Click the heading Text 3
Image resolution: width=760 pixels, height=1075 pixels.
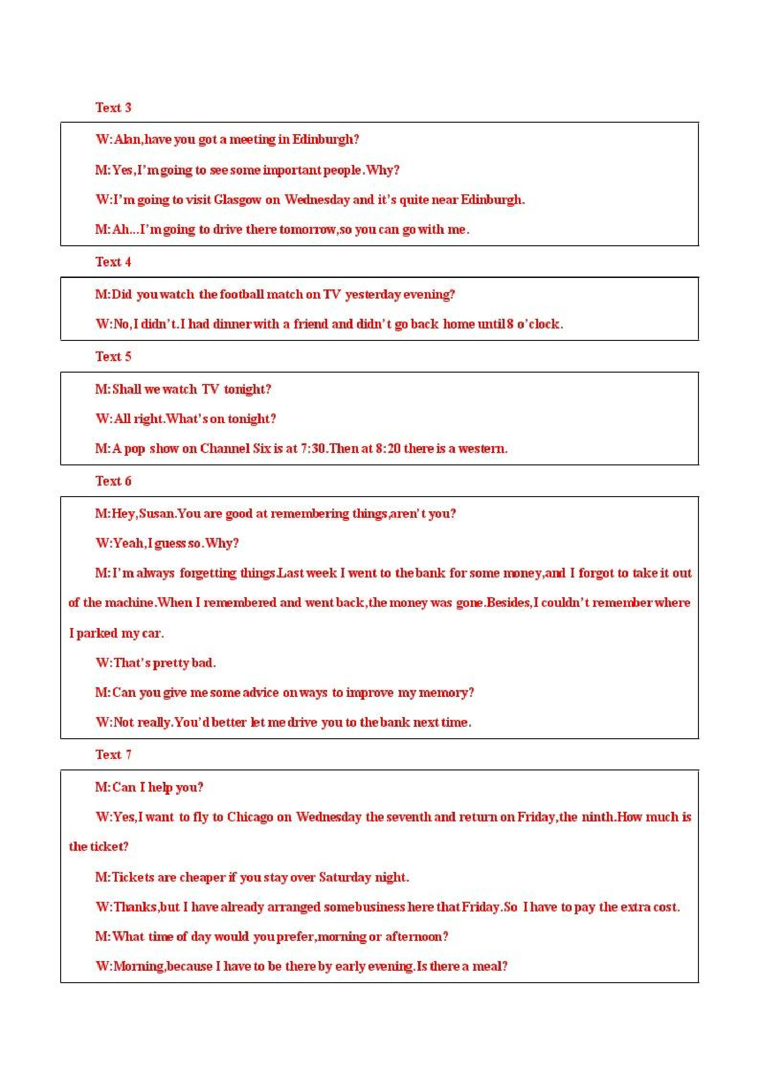coord(113,107)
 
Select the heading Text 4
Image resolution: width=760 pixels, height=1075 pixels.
coord(113,262)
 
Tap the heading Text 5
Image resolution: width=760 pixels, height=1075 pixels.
coord(113,356)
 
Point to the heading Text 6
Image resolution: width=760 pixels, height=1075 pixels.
coord(113,481)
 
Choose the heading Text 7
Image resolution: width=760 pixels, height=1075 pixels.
coord(113,754)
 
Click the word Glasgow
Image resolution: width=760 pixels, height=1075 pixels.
coord(238,200)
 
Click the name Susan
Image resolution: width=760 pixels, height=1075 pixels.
coord(157,514)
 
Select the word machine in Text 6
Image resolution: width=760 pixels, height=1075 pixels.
coord(129,603)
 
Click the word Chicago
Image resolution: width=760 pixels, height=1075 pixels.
coord(250,817)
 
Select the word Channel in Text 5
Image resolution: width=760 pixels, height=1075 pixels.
coord(224,448)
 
